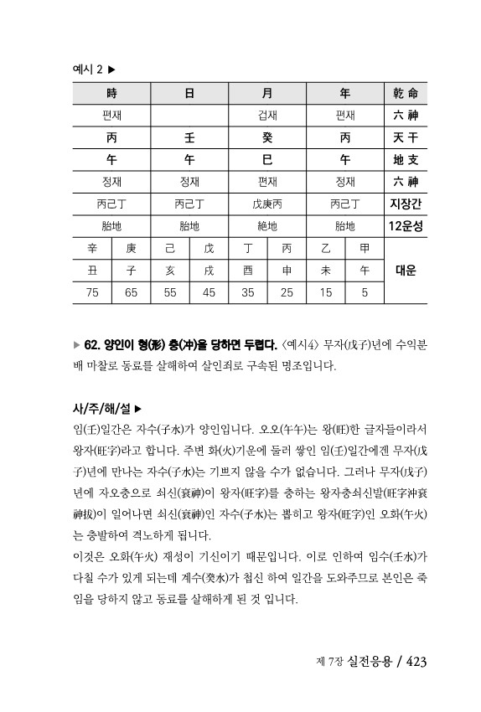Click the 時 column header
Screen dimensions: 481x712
[112, 94]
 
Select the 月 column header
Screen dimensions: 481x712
[267, 94]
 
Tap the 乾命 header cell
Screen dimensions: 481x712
[405, 94]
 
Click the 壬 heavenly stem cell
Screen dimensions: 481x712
[189, 137]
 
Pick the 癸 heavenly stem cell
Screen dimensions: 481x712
[267, 137]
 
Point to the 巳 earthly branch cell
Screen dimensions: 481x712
[267, 158]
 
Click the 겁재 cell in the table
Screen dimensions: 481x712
[267, 115]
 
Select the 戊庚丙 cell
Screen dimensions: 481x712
[267, 203]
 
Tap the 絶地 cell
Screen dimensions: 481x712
[267, 225]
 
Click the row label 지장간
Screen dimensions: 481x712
[405, 203]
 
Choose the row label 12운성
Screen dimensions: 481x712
[405, 225]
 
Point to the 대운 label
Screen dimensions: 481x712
[405, 271]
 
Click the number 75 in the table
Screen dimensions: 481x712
[93, 292]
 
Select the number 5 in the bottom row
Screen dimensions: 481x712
[365, 292]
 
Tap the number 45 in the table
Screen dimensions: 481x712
[209, 292]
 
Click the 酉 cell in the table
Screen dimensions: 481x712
[248, 271]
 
